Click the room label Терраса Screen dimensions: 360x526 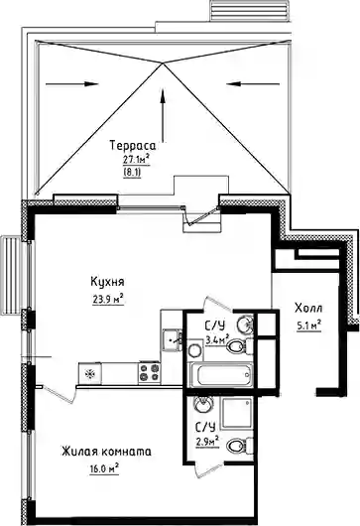click(133, 146)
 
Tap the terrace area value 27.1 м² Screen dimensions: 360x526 click(136, 160)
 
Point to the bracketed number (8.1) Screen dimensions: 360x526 click(133, 173)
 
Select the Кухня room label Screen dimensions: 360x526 click(107, 281)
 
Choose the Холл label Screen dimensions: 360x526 click(308, 308)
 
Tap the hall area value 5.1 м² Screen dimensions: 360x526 click(308, 325)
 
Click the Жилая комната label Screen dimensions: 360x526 click(106, 452)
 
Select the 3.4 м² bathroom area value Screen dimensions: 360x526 click(217, 339)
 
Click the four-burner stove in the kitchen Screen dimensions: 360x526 click(149, 372)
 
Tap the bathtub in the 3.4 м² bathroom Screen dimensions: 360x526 click(221, 374)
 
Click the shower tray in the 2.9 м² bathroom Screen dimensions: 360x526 click(238, 413)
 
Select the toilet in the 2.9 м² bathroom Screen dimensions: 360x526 click(240, 446)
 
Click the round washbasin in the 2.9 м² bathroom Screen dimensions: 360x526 click(202, 405)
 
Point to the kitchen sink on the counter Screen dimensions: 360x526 click(172, 340)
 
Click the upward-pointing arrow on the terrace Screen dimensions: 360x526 click(164, 115)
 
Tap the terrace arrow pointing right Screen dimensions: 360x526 click(71, 84)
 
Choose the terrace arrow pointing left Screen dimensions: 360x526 click(253, 84)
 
